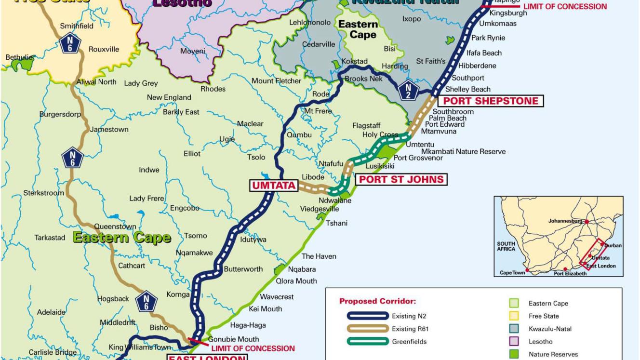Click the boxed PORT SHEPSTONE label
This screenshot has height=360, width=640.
(491, 101)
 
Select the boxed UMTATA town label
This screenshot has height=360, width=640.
(272, 185)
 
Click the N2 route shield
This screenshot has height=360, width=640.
(409, 88)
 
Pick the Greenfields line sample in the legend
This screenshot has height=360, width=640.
(367, 342)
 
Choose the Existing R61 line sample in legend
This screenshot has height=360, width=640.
(367, 329)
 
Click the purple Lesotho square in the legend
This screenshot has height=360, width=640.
(514, 342)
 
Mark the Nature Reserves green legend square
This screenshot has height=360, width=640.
(514, 354)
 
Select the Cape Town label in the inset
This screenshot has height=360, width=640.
(512, 273)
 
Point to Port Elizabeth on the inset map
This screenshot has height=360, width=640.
(570, 273)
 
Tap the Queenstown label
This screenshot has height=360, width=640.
(115, 226)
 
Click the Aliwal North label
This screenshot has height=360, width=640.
(96, 82)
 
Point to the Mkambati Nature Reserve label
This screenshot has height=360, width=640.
(464, 151)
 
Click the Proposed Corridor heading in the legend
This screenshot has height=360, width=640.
(377, 302)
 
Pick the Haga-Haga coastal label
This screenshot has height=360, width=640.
(248, 325)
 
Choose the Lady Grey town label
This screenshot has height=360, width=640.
(141, 83)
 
